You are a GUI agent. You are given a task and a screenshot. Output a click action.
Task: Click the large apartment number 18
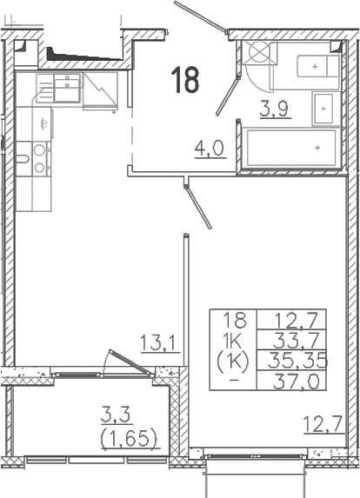pos(185,80)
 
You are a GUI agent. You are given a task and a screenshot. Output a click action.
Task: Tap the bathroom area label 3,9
pos(276,109)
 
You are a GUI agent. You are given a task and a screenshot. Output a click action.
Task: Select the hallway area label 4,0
pos(210,148)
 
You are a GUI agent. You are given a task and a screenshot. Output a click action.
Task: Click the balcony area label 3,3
pos(116,416)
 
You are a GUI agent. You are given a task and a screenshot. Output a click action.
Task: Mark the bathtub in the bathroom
pos(291,148)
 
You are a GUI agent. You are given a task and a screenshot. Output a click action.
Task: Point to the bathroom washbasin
pos(323,109)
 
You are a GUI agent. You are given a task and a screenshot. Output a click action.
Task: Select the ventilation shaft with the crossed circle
pos(258,52)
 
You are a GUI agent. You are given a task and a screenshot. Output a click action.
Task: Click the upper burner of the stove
pos(39,149)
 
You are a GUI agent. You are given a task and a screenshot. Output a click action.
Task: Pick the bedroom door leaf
pos(198,207)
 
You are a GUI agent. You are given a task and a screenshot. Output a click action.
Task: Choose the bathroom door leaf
pos(227,96)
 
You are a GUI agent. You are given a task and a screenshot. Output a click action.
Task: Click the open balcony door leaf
pos(130,362)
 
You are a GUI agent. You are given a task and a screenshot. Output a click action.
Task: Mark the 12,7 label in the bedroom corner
pos(323,423)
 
